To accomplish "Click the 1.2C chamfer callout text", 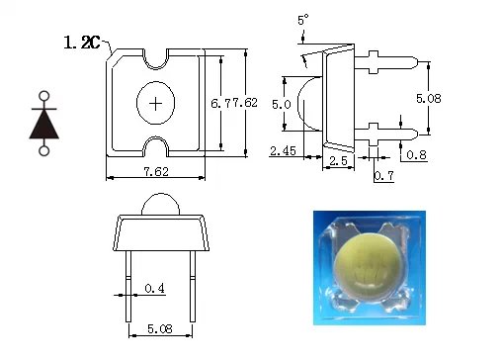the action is pyautogui.click(x=81, y=43).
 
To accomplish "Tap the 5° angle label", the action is pyautogui.click(x=303, y=20).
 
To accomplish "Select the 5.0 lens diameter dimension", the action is pyautogui.click(x=282, y=105).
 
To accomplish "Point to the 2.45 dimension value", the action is pyautogui.click(x=283, y=151).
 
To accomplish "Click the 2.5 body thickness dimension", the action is pyautogui.click(x=338, y=161).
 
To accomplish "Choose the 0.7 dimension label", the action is pyautogui.click(x=384, y=176).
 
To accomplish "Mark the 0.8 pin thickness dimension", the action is pyautogui.click(x=416, y=154).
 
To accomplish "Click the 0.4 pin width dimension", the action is pyautogui.click(x=154, y=289).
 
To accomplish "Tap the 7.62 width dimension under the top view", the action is pyautogui.click(x=156, y=171).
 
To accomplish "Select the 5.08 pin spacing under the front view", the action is pyautogui.click(x=160, y=328).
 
